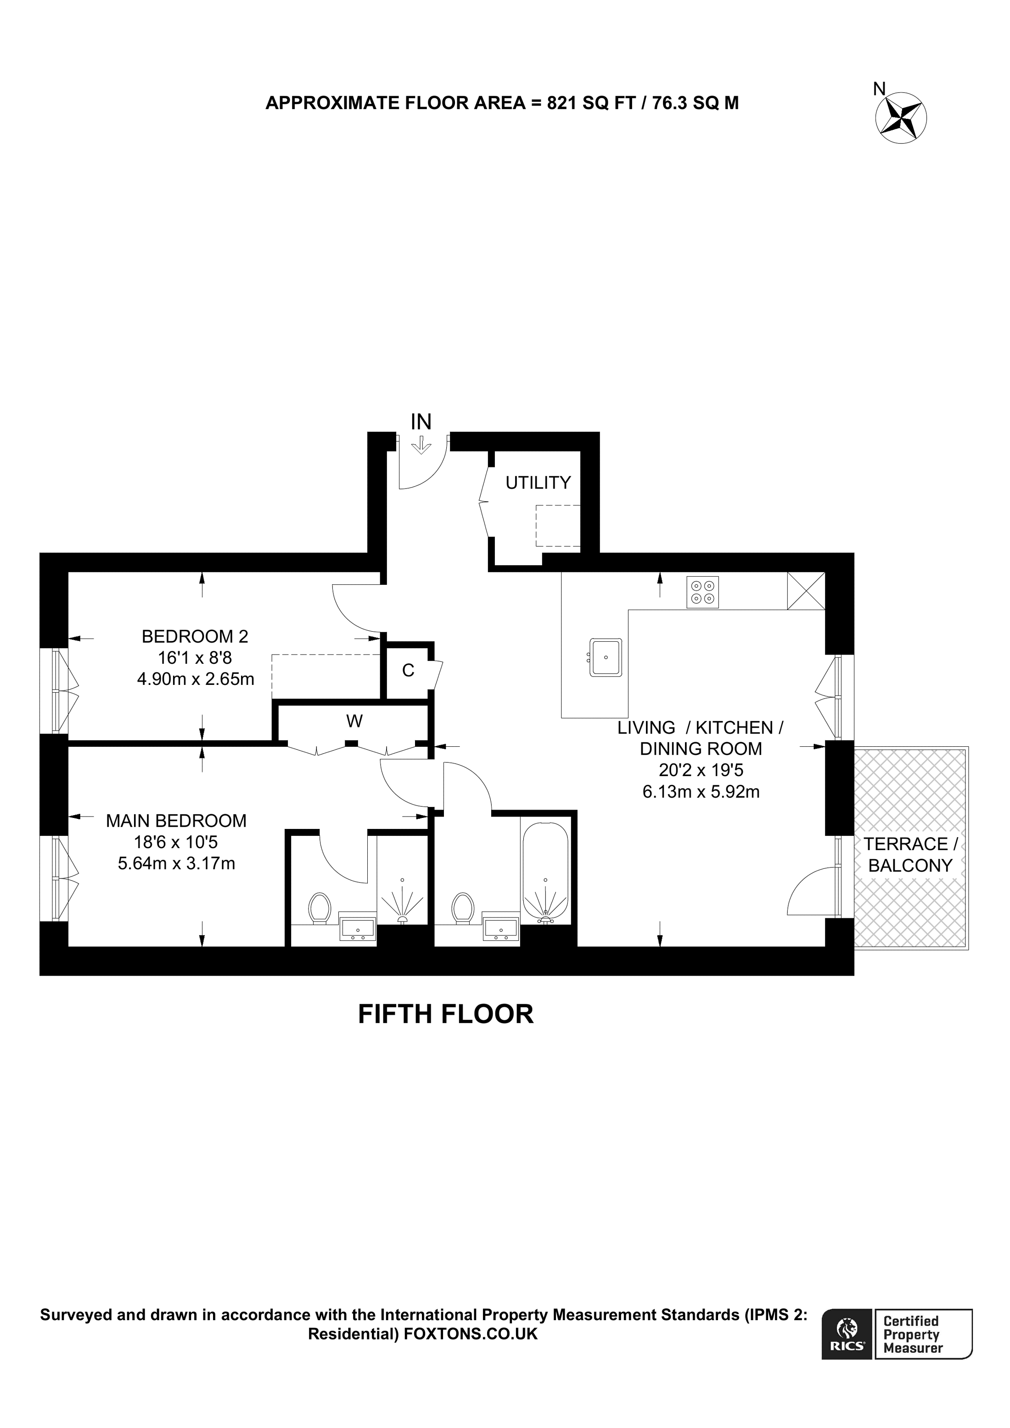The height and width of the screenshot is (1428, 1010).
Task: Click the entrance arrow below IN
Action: [421, 445]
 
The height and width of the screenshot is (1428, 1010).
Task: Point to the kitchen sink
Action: [606, 657]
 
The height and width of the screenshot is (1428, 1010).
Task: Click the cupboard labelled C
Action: [408, 671]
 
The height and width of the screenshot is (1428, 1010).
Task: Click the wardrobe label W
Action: [354, 722]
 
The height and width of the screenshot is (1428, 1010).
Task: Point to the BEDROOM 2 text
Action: [195, 636]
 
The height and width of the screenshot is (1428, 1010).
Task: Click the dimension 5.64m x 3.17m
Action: [177, 863]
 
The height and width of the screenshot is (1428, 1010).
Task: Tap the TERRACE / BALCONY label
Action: [910, 855]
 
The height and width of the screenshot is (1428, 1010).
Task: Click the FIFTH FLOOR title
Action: [446, 1014]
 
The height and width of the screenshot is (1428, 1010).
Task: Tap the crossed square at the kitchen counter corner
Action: [806, 590]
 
